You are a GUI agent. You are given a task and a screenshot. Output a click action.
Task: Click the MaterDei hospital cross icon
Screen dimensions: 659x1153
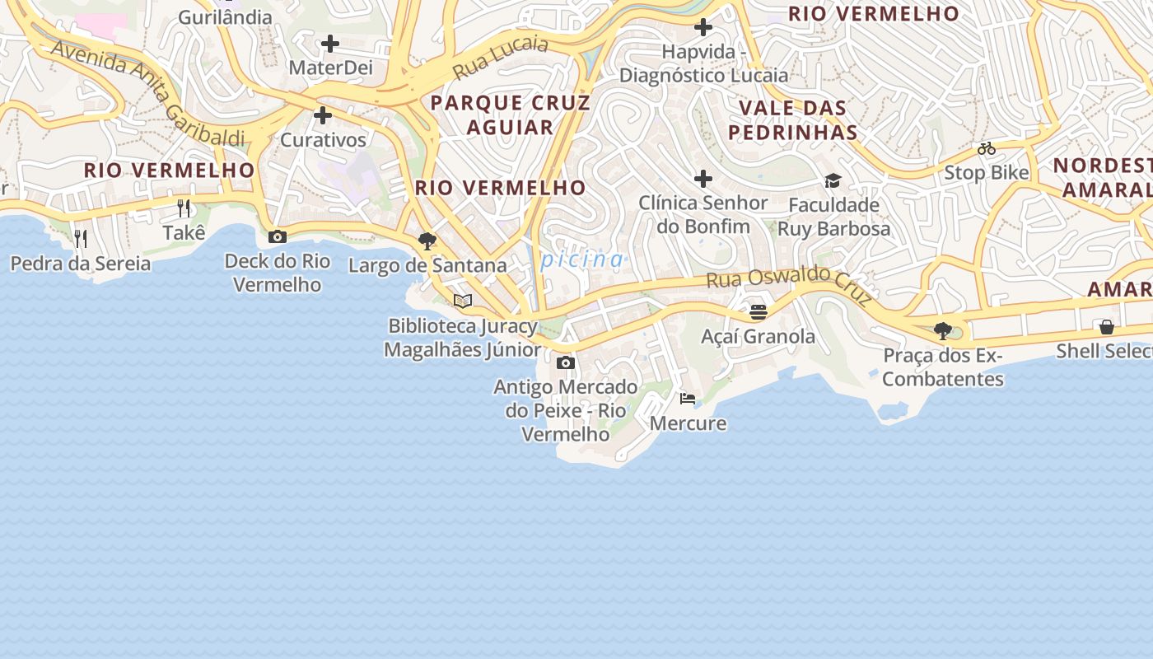coord(330,43)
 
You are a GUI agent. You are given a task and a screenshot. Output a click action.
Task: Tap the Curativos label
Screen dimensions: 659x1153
coord(323,139)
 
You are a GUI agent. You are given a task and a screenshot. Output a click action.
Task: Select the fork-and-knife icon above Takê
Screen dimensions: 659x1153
coord(184,208)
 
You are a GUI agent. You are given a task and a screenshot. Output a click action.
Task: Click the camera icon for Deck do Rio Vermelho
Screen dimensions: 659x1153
coord(278,237)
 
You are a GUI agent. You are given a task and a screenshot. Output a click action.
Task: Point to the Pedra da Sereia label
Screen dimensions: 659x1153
coord(81,264)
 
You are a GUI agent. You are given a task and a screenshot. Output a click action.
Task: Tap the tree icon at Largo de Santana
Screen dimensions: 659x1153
coord(427,241)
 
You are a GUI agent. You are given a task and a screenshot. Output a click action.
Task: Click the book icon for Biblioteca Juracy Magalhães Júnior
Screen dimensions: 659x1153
coord(463,301)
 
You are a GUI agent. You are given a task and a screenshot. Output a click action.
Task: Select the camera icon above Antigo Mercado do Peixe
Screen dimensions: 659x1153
coord(565,362)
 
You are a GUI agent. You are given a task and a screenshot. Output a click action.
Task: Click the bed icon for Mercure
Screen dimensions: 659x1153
coord(688,400)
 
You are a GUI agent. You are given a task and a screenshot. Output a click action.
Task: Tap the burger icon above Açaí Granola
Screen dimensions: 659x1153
coord(759,312)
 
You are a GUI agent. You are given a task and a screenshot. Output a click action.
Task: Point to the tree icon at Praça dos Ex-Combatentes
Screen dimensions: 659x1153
coord(943,331)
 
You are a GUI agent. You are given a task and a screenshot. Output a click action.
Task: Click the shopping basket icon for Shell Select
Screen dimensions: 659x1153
coord(1107,327)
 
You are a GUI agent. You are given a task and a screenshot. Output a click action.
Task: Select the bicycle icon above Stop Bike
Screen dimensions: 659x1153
coord(987,149)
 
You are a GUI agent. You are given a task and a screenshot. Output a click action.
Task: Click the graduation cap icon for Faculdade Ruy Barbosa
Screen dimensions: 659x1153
coord(833,180)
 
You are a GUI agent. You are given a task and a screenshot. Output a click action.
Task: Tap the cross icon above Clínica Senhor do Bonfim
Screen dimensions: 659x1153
coord(703,178)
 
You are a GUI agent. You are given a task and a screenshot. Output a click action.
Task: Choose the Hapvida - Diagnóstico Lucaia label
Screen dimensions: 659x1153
coord(703,63)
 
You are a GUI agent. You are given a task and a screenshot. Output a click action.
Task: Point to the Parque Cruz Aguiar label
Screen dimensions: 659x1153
coord(511,115)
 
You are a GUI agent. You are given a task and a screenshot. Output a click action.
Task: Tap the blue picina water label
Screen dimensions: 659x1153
coord(581,260)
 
